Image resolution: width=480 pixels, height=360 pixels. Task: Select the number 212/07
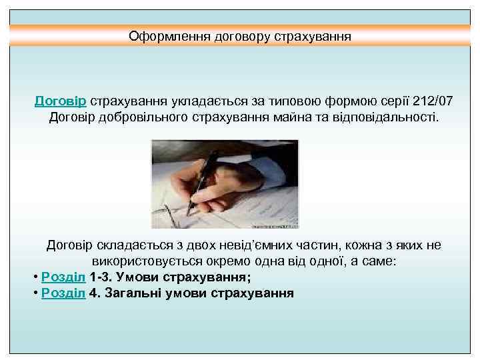click(433, 102)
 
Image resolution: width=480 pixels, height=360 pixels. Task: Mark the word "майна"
click(281, 118)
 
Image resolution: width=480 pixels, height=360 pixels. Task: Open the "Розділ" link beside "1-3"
click(63, 277)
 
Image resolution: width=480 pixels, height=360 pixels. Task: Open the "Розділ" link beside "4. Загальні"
click(63, 293)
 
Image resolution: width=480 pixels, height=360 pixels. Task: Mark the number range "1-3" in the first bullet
click(99, 277)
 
